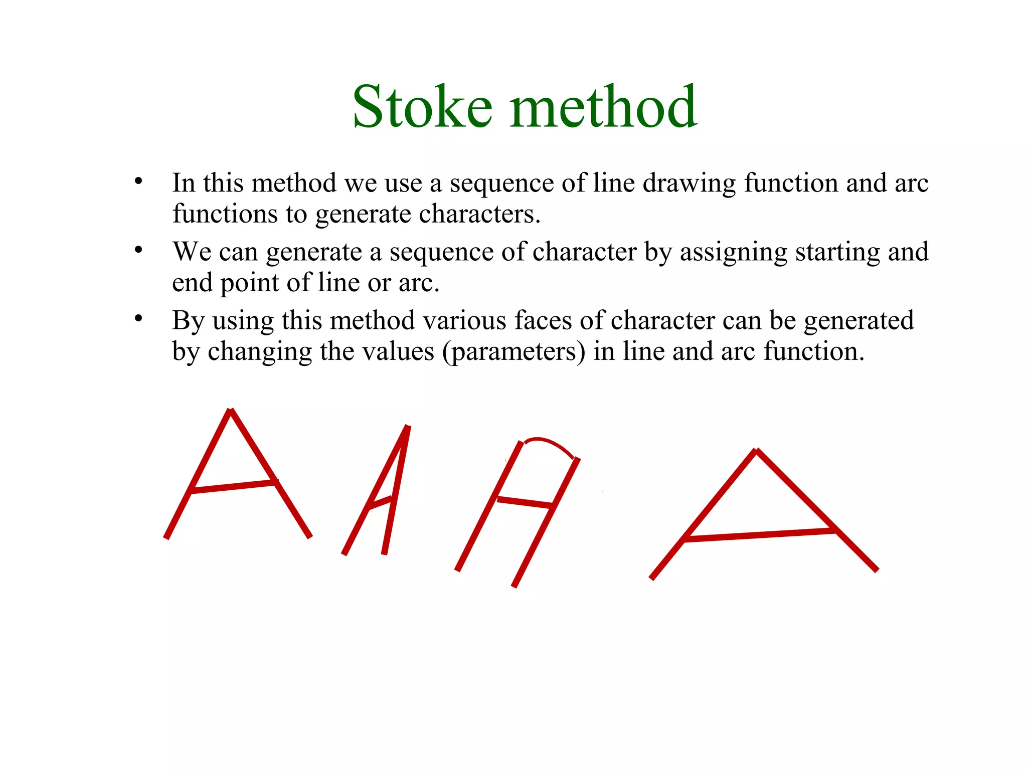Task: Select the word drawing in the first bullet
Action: (689, 183)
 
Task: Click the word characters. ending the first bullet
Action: (480, 214)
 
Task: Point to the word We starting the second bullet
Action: (192, 252)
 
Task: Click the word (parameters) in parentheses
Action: (514, 352)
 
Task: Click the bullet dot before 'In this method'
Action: (138, 181)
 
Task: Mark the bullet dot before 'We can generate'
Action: (138, 250)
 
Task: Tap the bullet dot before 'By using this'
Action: (138, 318)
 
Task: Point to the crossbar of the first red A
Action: (233, 486)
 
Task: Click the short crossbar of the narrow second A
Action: (380, 504)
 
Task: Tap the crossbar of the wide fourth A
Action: (760, 535)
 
